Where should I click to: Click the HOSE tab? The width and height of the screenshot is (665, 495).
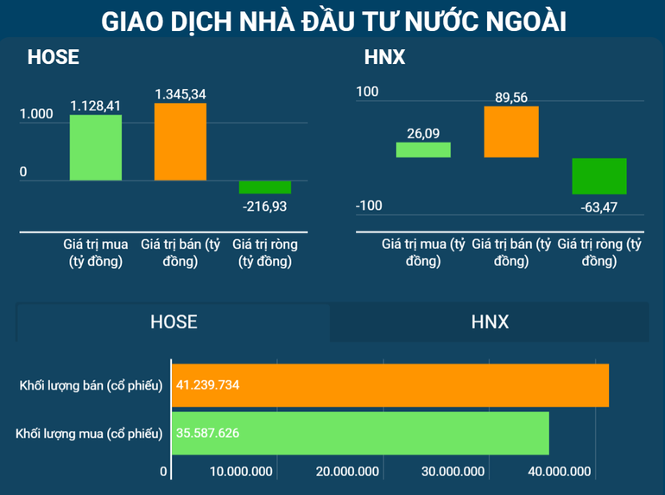tap(174, 322)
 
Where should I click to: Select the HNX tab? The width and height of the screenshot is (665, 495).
tap(490, 322)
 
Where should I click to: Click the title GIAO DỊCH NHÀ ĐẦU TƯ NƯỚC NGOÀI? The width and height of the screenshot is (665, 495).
tap(333, 21)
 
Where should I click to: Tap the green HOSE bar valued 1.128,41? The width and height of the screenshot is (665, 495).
tap(95, 148)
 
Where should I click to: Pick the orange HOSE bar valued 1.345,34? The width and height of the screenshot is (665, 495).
tap(180, 142)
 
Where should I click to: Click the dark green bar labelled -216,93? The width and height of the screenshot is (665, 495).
tap(265, 187)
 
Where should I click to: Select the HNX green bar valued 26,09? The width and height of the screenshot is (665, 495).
tap(423, 149)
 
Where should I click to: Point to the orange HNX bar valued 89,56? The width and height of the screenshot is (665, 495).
tap(511, 131)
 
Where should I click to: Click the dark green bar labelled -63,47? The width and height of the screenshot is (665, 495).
tap(599, 176)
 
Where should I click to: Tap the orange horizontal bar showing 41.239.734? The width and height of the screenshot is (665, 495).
tap(390, 385)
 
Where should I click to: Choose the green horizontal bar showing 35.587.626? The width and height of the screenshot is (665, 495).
tap(361, 433)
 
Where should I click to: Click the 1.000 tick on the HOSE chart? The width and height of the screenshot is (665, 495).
tap(36, 113)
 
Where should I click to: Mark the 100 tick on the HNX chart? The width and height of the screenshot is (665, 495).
tap(367, 91)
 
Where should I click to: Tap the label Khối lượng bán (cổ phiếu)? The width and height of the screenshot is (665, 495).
tap(91, 385)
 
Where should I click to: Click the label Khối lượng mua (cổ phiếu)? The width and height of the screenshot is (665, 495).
tap(89, 433)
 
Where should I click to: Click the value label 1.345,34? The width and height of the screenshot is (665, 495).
tap(180, 93)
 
